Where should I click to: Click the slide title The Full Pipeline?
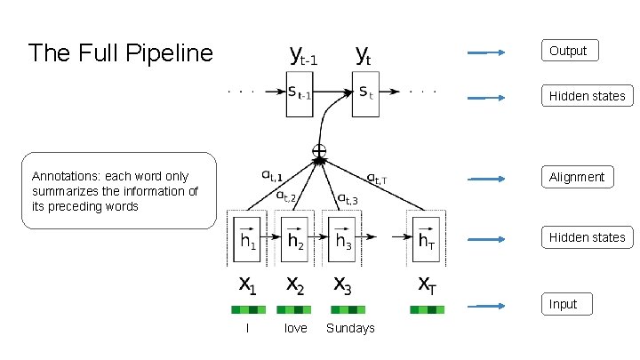pyautogui.click(x=120, y=53)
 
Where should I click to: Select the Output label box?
pyautogui.click(x=569, y=51)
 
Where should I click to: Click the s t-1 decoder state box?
pyautogui.click(x=302, y=91)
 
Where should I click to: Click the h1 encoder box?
pyautogui.click(x=247, y=239)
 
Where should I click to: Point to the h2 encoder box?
pyautogui.click(x=296, y=239)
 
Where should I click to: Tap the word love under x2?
pyautogui.click(x=295, y=328)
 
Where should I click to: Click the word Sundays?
pyautogui.click(x=350, y=328)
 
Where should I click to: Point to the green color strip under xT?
pyautogui.click(x=428, y=309)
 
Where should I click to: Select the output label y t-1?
pyautogui.click(x=304, y=58)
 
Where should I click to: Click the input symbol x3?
pyautogui.click(x=341, y=284)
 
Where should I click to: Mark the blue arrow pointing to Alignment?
pyautogui.click(x=486, y=177)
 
